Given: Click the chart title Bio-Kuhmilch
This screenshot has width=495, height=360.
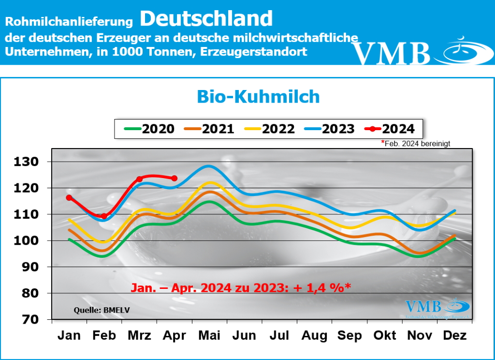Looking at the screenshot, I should [258, 96].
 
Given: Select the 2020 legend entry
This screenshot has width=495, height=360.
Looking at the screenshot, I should [149, 129].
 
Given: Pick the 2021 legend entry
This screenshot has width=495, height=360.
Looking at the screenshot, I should [209, 129].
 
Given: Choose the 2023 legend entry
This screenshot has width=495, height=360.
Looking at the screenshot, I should [330, 129].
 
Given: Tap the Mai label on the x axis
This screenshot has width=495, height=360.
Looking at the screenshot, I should [210, 335].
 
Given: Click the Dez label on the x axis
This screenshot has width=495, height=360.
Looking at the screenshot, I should [455, 335].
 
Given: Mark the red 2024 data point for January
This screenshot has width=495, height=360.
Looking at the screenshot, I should [69, 197].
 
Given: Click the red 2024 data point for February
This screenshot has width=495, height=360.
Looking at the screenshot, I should [104, 216].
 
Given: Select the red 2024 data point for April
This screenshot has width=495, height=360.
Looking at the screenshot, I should [175, 178].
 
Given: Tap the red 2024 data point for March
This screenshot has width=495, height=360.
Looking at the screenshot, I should [139, 179].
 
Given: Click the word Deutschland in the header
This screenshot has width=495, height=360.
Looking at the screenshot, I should [206, 18].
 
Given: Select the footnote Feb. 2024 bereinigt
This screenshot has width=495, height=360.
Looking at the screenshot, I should [417, 144].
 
